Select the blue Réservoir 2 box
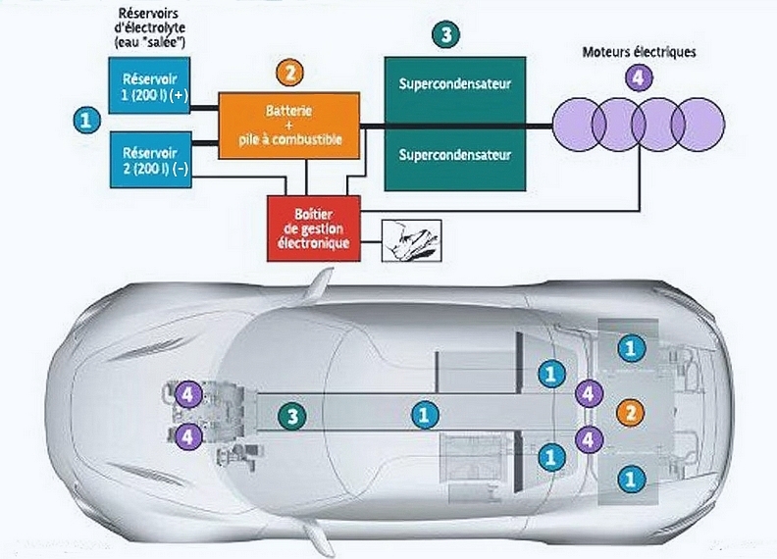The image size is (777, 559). pyautogui.click(x=147, y=158)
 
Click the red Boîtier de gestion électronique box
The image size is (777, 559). pyautogui.click(x=314, y=228)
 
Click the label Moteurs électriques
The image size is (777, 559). pyautogui.click(x=638, y=52)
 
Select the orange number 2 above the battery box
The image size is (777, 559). pyautogui.click(x=289, y=72)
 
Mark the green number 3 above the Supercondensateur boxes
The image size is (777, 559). pyautogui.click(x=446, y=34)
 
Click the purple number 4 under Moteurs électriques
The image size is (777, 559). pyautogui.click(x=639, y=77)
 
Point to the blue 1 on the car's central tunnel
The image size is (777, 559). pyautogui.click(x=424, y=416)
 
